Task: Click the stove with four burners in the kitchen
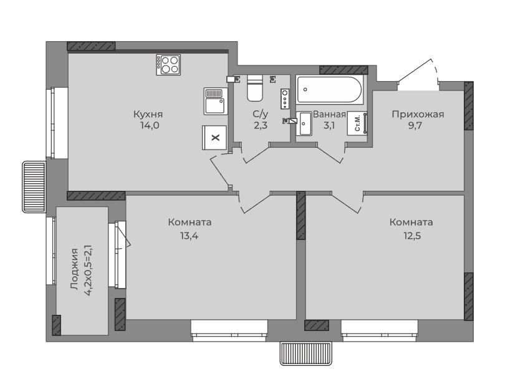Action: tap(168, 65)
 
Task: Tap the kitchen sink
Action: tap(216, 101)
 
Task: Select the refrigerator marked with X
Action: tap(214, 137)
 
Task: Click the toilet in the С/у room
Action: tap(255, 88)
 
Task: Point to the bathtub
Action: tap(329, 89)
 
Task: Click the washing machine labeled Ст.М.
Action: tap(357, 123)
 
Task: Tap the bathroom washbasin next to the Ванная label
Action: tap(304, 123)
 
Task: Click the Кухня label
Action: tap(148, 115)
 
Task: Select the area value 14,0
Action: tap(150, 126)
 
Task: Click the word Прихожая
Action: tap(418, 115)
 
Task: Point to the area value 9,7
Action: tap(415, 126)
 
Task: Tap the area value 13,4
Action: tap(189, 236)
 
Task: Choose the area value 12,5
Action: tap(412, 236)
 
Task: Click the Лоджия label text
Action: tap(75, 269)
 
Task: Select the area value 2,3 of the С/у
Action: tap(261, 126)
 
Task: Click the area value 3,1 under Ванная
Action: tap(329, 126)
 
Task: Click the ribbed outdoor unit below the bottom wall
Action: tap(306, 353)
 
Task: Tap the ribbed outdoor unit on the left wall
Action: tap(34, 186)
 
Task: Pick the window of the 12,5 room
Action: tap(380, 330)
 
